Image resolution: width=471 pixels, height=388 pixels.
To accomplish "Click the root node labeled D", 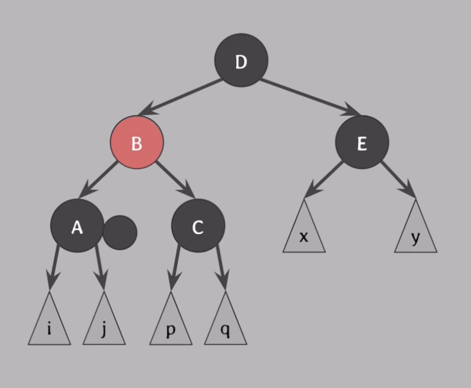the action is pos(241,60).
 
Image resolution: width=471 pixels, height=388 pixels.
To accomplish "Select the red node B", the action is pos(136,142).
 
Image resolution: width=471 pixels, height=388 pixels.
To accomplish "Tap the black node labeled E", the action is pos(362,142).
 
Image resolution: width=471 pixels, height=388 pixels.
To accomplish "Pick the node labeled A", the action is pos(77,226).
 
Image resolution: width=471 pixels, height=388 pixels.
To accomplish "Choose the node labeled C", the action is pos(198,226).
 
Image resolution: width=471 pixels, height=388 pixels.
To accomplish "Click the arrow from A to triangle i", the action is pos(54,265).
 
